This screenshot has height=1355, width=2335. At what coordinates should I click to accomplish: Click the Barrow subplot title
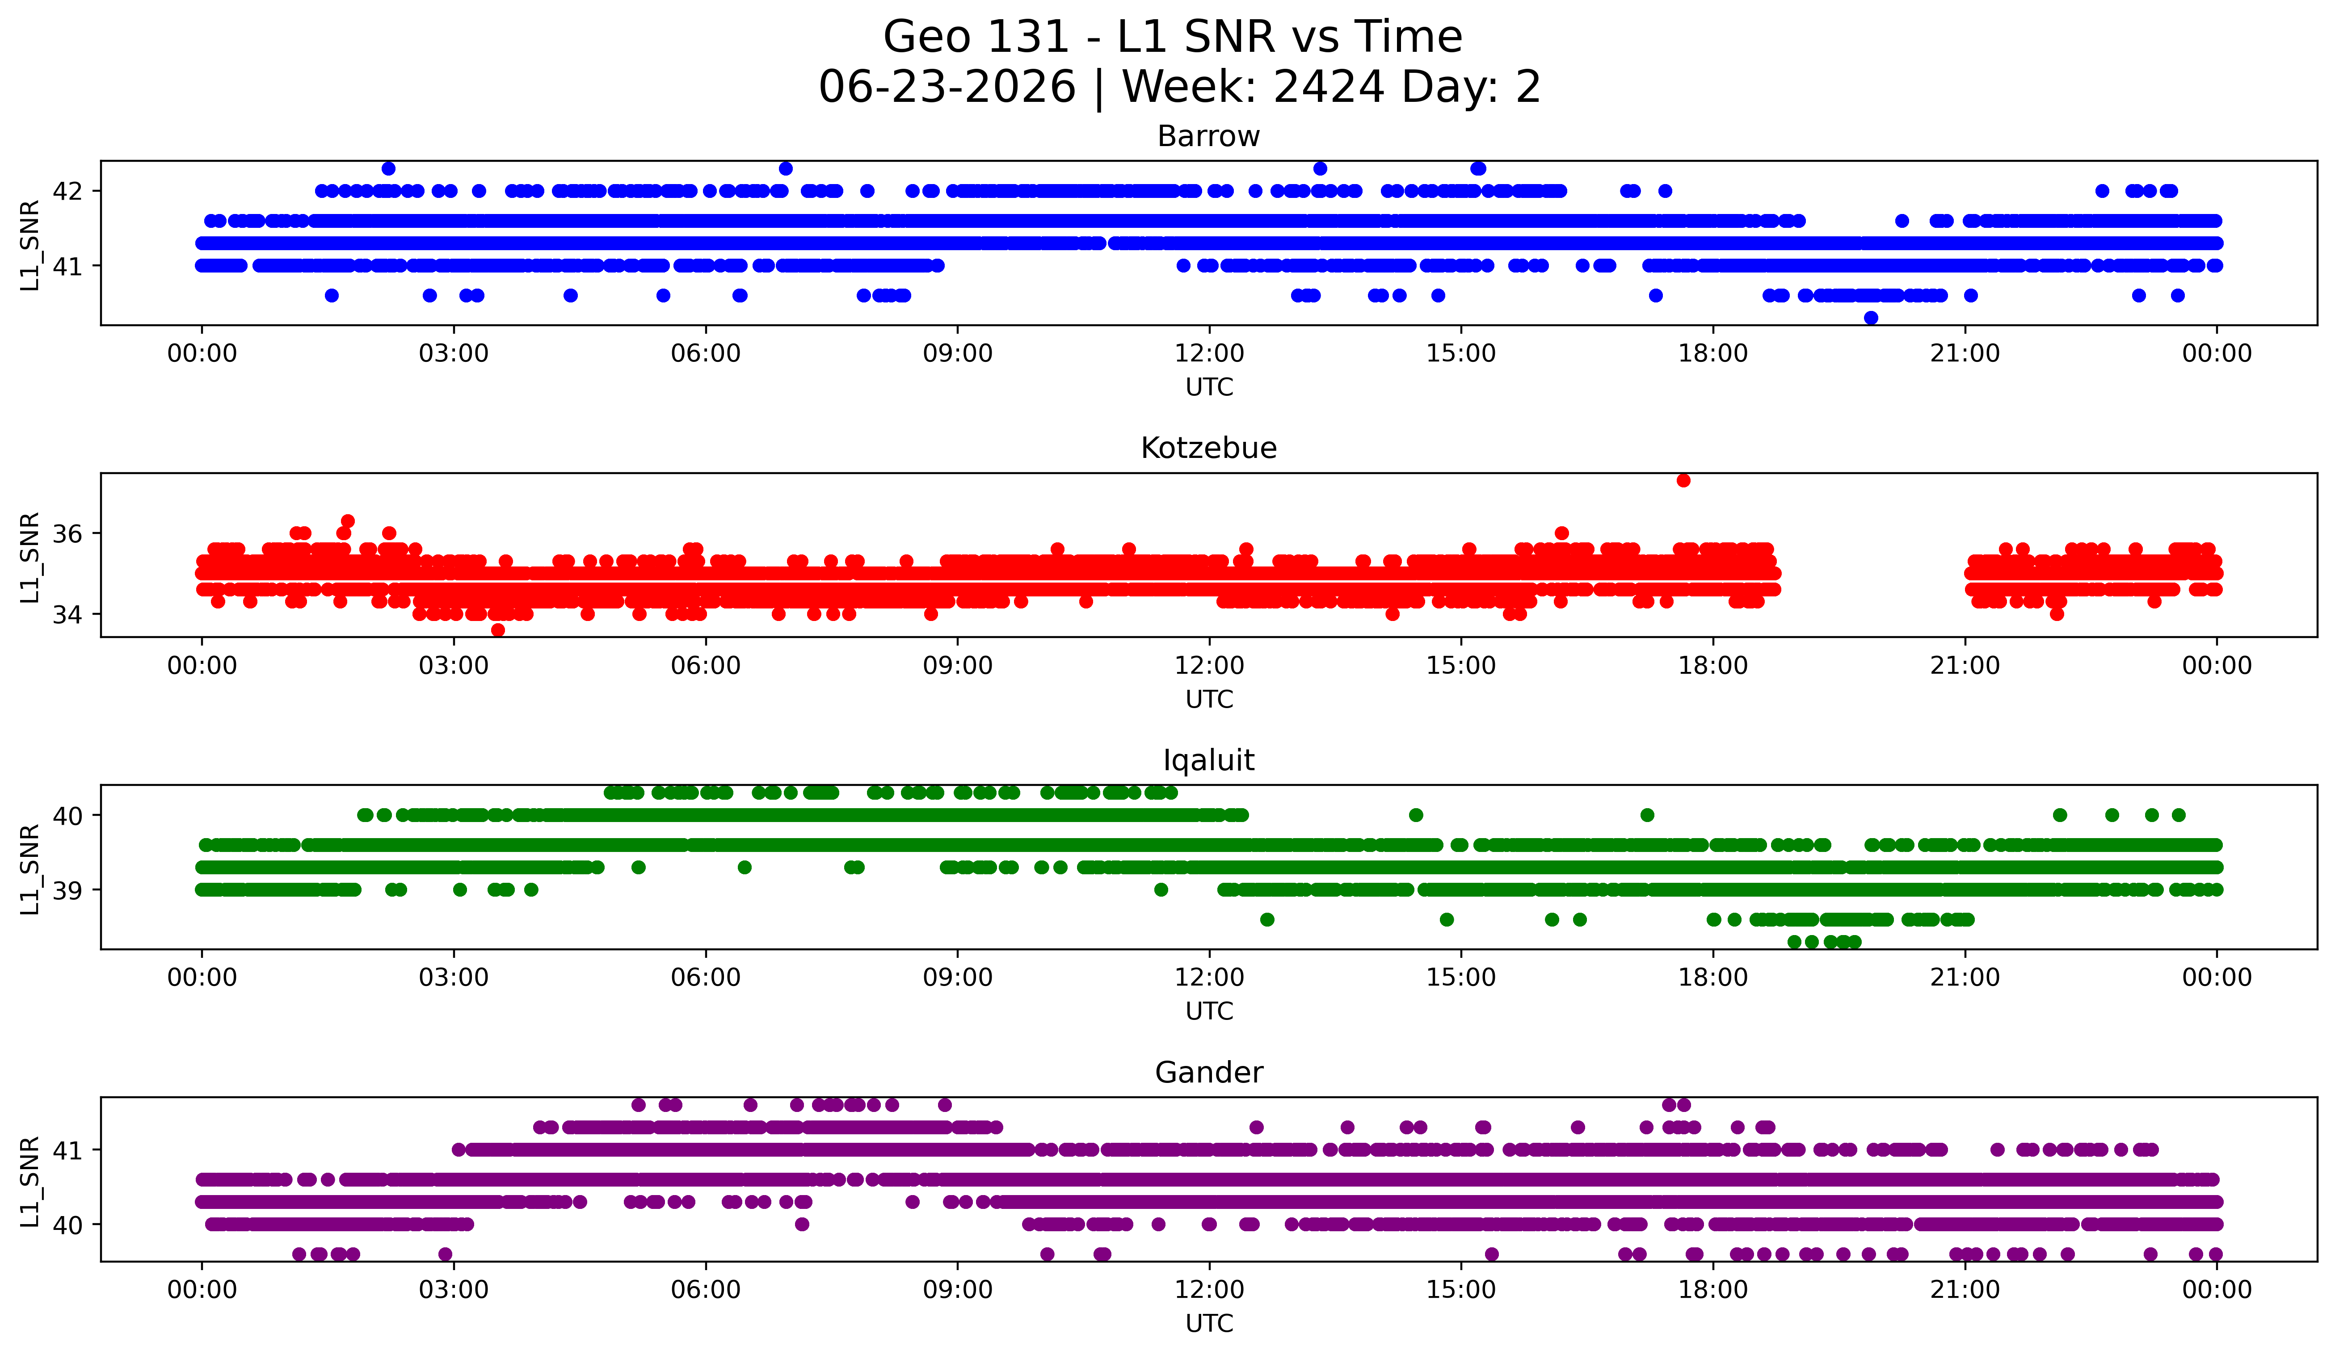click(1208, 136)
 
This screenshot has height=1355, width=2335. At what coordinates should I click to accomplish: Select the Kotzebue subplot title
click(1208, 448)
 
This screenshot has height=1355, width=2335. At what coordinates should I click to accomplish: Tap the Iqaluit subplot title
click(1208, 760)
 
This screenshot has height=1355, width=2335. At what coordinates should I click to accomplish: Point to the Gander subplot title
click(1208, 1073)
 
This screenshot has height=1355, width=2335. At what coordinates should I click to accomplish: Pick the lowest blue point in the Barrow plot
click(1871, 318)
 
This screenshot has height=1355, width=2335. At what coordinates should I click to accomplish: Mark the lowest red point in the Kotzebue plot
click(497, 630)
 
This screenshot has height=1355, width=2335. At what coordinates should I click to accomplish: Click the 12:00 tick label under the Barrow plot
click(1209, 354)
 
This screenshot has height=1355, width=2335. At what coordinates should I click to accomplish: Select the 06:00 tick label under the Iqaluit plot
click(706, 978)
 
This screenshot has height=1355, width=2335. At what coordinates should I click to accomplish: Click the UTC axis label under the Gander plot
click(1209, 1324)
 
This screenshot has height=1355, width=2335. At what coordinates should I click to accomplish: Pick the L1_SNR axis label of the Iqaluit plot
click(29, 869)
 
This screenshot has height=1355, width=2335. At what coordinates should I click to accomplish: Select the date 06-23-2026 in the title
click(947, 87)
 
